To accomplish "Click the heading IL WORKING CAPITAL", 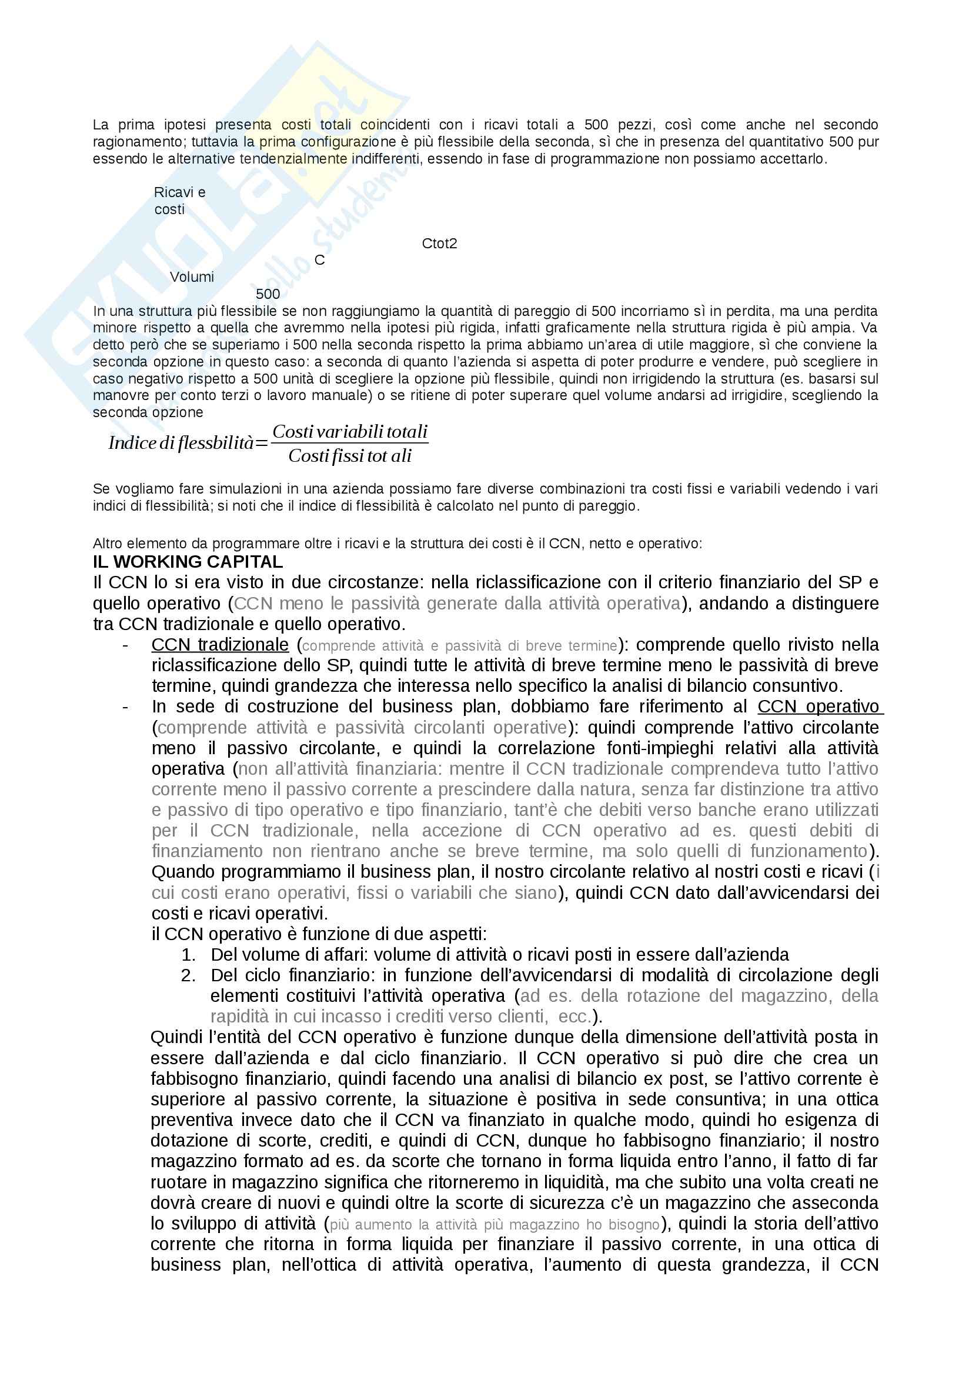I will (188, 562).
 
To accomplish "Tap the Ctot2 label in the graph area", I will (439, 244).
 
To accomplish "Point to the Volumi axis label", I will (192, 277).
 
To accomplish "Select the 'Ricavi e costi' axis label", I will (179, 201).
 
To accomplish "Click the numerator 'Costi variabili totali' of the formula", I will (350, 432).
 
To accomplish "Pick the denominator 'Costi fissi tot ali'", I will (350, 457).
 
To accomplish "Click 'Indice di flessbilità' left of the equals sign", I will (181, 444).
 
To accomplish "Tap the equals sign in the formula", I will (262, 444).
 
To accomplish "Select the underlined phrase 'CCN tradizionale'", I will (220, 645).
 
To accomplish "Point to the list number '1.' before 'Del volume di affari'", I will (189, 955).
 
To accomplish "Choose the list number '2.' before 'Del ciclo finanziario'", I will (189, 975).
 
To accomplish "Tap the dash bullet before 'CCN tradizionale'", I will (125, 645).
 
